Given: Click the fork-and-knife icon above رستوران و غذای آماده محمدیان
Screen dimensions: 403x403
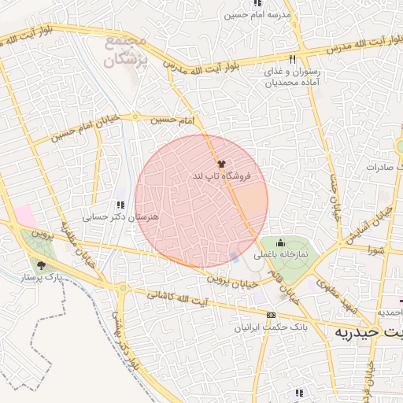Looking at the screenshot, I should point(292,60).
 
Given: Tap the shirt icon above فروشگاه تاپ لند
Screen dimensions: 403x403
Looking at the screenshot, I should point(220,164).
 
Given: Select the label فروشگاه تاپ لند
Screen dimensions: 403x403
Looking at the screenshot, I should point(221,177).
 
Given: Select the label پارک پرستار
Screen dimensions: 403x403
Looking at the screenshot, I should point(41,278).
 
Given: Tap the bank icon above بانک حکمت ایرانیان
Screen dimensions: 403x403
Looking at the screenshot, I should point(272,314).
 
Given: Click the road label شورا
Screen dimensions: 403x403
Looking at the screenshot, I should point(373,250).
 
